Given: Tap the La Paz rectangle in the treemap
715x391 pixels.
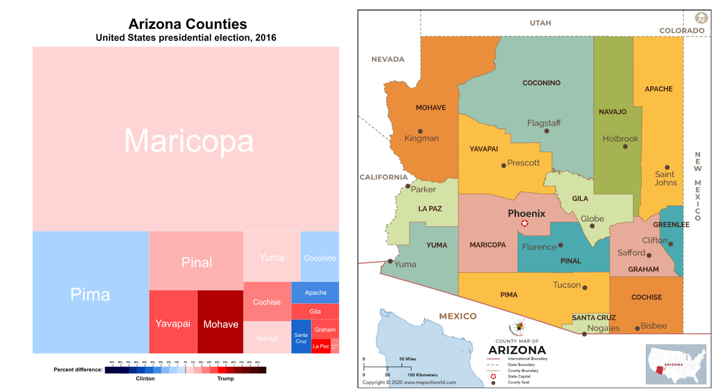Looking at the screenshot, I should coord(320,346).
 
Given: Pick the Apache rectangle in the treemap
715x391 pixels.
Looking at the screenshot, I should coord(315,293).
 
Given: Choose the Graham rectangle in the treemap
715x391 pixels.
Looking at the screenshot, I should coord(325,329).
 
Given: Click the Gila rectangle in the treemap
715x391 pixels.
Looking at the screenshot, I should coord(315,311).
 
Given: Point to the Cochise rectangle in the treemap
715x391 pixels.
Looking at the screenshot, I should coord(267,302).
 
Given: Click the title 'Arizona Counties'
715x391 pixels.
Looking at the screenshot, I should coord(188,24).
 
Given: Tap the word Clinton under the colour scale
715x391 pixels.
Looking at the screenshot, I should coord(145,378).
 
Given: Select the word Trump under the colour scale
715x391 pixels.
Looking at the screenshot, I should coord(226,378).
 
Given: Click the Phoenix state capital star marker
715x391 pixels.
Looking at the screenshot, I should coord(525,223).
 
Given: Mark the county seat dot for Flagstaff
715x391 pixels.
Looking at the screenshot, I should coord(547,131).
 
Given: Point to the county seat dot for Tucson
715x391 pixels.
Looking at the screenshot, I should coord(585,288).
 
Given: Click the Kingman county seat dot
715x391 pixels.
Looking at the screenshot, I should coord(420,132).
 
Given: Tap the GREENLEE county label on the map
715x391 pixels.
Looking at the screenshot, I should coord(671,225).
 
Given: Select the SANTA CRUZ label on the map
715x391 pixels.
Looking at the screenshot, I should coord(594,318).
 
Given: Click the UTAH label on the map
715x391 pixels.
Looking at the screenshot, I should coord(540,23).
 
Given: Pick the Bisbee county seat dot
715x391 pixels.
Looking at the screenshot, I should coord(637,328).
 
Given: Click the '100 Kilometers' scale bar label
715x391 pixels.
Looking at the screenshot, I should coord(422,375).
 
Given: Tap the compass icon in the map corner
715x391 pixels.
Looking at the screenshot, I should coord(701,18).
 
